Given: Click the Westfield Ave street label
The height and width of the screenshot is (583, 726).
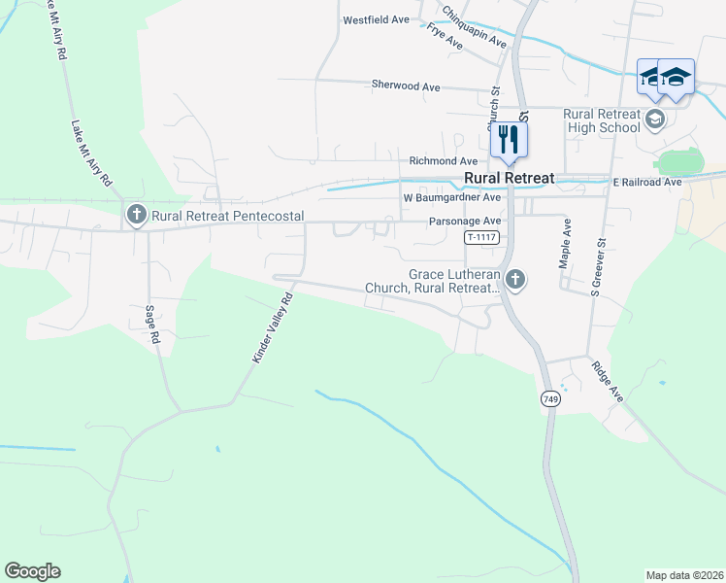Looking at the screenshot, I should click(376, 19).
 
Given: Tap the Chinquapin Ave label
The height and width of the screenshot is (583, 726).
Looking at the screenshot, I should click(475, 27).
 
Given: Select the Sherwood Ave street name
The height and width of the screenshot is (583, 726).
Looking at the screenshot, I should click(406, 86).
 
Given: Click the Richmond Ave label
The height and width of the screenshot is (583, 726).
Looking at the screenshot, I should click(444, 160).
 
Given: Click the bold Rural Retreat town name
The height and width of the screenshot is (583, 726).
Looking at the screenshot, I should click(510, 178).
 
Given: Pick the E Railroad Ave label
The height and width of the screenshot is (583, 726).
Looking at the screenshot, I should click(647, 182).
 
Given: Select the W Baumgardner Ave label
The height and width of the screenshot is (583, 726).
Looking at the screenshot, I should click(452, 197).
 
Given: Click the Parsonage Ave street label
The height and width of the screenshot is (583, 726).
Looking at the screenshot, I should click(465, 222).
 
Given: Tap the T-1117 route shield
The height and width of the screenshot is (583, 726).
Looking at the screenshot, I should click(481, 237).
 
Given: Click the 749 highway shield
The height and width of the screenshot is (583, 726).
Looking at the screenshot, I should click(550, 399).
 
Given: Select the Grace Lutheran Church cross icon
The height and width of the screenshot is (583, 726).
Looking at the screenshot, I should click(515, 281).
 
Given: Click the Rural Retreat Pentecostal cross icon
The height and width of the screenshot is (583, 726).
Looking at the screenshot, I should click(136, 215).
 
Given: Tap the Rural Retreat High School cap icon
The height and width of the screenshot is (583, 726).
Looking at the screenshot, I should click(655, 120).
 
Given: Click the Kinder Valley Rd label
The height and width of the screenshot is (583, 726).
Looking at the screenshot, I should click(273, 329).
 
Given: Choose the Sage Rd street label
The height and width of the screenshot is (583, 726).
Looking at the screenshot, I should click(152, 325).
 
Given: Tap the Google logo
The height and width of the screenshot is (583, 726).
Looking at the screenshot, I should click(33, 571).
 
